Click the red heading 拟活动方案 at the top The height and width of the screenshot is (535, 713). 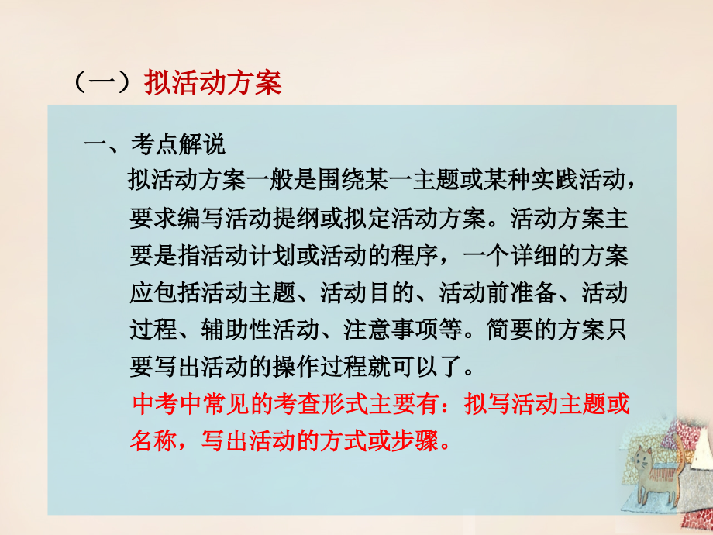click(x=213, y=83)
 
